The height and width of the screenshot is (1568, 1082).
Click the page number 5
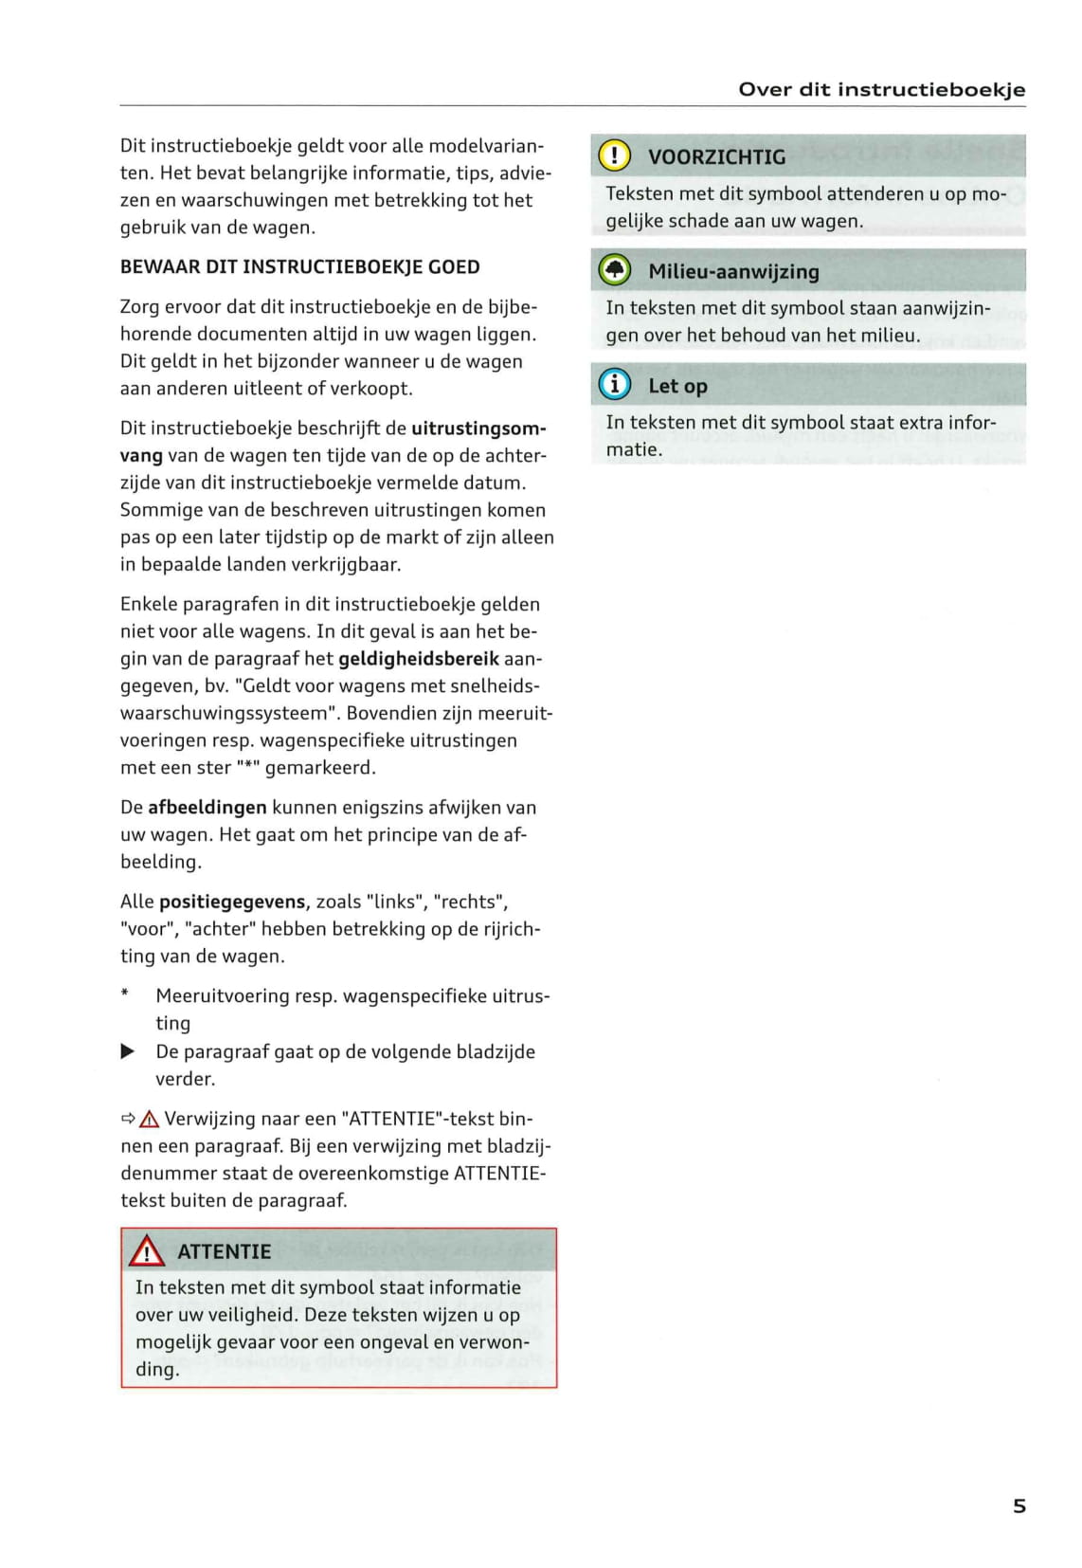click(x=1019, y=1505)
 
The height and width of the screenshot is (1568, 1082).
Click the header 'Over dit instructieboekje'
click(x=881, y=90)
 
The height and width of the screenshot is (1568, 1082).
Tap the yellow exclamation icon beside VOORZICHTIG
click(x=615, y=155)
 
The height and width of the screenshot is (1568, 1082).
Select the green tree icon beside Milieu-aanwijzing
click(x=615, y=270)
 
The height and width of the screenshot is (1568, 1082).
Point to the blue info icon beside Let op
click(x=615, y=384)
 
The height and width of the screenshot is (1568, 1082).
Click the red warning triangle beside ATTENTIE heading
click(x=147, y=1252)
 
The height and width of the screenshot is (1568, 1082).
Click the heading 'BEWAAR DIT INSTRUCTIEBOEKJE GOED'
click(x=299, y=267)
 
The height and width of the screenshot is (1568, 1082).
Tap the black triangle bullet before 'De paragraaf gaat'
click(x=128, y=1051)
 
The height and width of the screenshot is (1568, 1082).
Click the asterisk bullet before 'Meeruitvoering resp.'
click(x=125, y=994)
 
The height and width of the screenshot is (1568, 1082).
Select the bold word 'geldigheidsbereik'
click(x=418, y=659)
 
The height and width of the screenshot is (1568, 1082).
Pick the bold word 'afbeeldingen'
click(x=207, y=808)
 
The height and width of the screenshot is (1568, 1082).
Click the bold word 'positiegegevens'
click(x=232, y=902)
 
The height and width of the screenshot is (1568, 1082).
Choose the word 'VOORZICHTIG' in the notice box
click(x=716, y=157)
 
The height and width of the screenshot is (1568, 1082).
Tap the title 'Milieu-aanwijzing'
click(x=733, y=272)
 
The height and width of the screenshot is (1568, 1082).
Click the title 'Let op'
click(x=677, y=386)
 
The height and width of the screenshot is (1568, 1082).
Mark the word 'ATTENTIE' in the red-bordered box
click(x=224, y=1252)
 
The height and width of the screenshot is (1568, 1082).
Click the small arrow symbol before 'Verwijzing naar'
click(x=128, y=1119)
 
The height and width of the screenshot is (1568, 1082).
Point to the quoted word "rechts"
click(x=470, y=902)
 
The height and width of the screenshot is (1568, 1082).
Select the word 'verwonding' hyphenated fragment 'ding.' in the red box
click(x=157, y=1370)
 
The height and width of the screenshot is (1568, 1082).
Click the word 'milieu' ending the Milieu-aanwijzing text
click(x=891, y=336)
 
